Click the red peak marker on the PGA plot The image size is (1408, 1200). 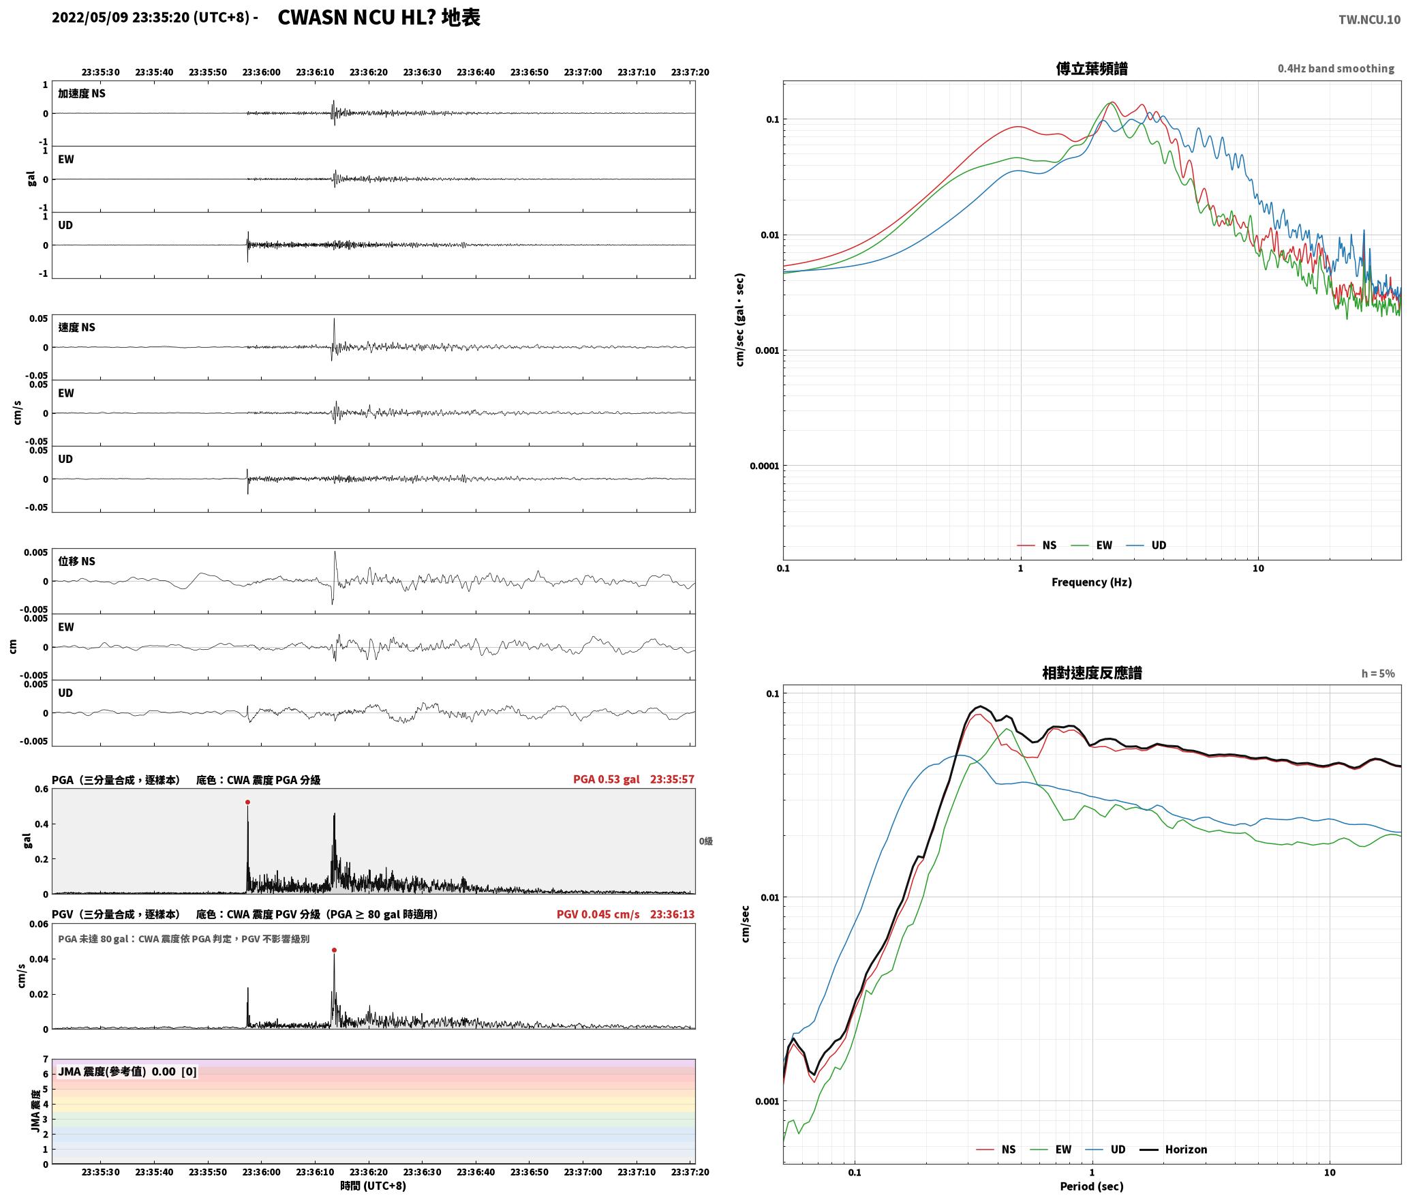click(x=247, y=802)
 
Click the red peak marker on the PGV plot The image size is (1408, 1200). click(x=334, y=950)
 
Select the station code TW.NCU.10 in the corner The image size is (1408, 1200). click(x=1369, y=20)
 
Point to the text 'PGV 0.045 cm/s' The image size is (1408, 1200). click(x=598, y=914)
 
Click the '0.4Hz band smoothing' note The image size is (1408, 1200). click(x=1336, y=69)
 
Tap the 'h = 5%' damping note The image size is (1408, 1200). click(x=1378, y=674)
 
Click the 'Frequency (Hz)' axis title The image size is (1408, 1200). click(x=1092, y=582)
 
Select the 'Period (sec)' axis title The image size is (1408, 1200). click(x=1092, y=1186)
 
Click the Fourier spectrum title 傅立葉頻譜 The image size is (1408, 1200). click(x=1092, y=68)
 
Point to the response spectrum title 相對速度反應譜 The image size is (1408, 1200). click(x=1092, y=673)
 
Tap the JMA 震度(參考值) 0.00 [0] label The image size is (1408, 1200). click(x=127, y=1072)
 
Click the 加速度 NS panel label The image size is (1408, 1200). click(x=82, y=93)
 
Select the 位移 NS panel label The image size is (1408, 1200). click(x=76, y=561)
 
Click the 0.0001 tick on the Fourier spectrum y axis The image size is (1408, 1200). click(x=765, y=466)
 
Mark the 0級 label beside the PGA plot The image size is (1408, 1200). click(x=705, y=841)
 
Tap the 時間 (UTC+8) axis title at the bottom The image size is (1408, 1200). click(x=373, y=1186)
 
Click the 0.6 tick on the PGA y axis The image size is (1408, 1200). click(x=42, y=790)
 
